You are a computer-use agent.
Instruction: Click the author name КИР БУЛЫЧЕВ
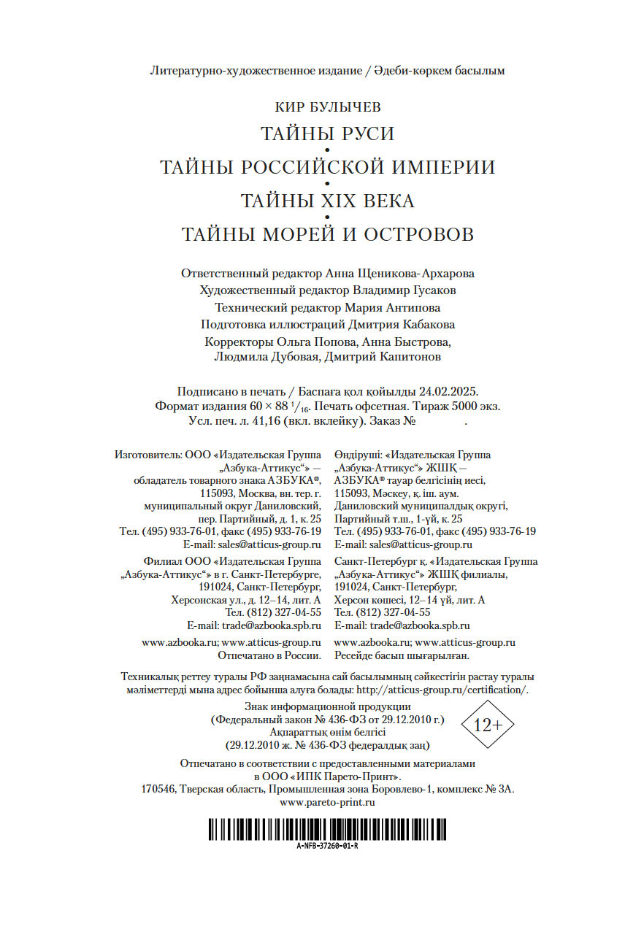click(x=327, y=108)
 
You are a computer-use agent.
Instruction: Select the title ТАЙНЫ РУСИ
click(x=327, y=134)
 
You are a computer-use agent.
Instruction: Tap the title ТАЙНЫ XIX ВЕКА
click(x=327, y=201)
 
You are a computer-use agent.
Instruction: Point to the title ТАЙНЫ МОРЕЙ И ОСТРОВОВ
click(x=327, y=234)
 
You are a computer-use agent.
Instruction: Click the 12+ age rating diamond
click(x=488, y=725)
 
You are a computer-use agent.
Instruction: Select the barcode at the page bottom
click(x=327, y=829)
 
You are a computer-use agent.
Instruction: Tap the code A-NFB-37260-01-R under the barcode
click(x=327, y=847)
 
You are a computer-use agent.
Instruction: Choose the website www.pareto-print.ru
click(x=327, y=801)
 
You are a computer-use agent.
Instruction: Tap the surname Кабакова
click(x=426, y=324)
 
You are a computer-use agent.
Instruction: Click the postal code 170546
click(x=156, y=789)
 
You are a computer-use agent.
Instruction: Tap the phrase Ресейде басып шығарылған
click(x=401, y=656)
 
